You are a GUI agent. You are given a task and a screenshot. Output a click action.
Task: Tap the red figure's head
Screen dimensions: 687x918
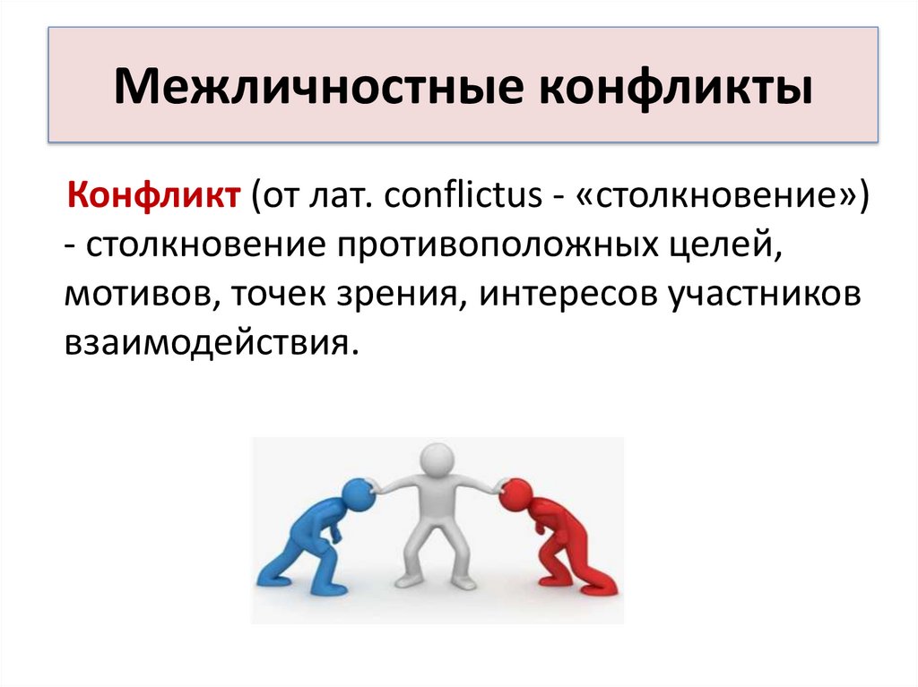(x=515, y=494)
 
